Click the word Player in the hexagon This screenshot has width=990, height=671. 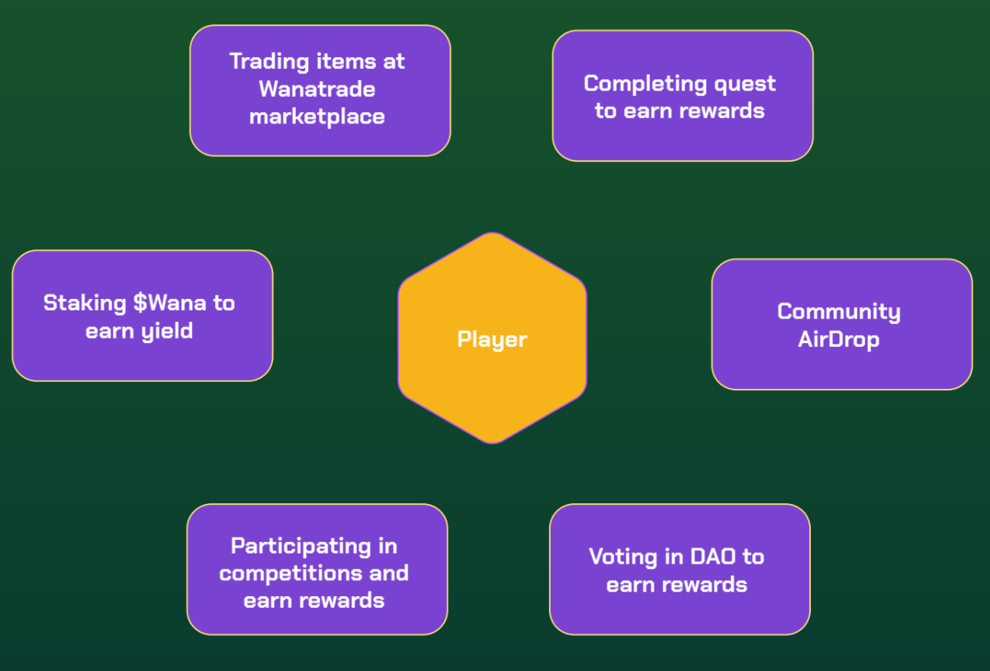click(492, 339)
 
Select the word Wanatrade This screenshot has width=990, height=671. click(317, 89)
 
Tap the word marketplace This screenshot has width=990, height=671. click(317, 117)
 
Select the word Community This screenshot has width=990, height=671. click(838, 311)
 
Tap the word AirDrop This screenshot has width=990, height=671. click(838, 339)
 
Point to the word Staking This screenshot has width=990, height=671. click(84, 303)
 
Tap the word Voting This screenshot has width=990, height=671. click(622, 557)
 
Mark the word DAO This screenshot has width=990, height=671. click(713, 557)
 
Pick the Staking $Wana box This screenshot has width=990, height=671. click(142, 358)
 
